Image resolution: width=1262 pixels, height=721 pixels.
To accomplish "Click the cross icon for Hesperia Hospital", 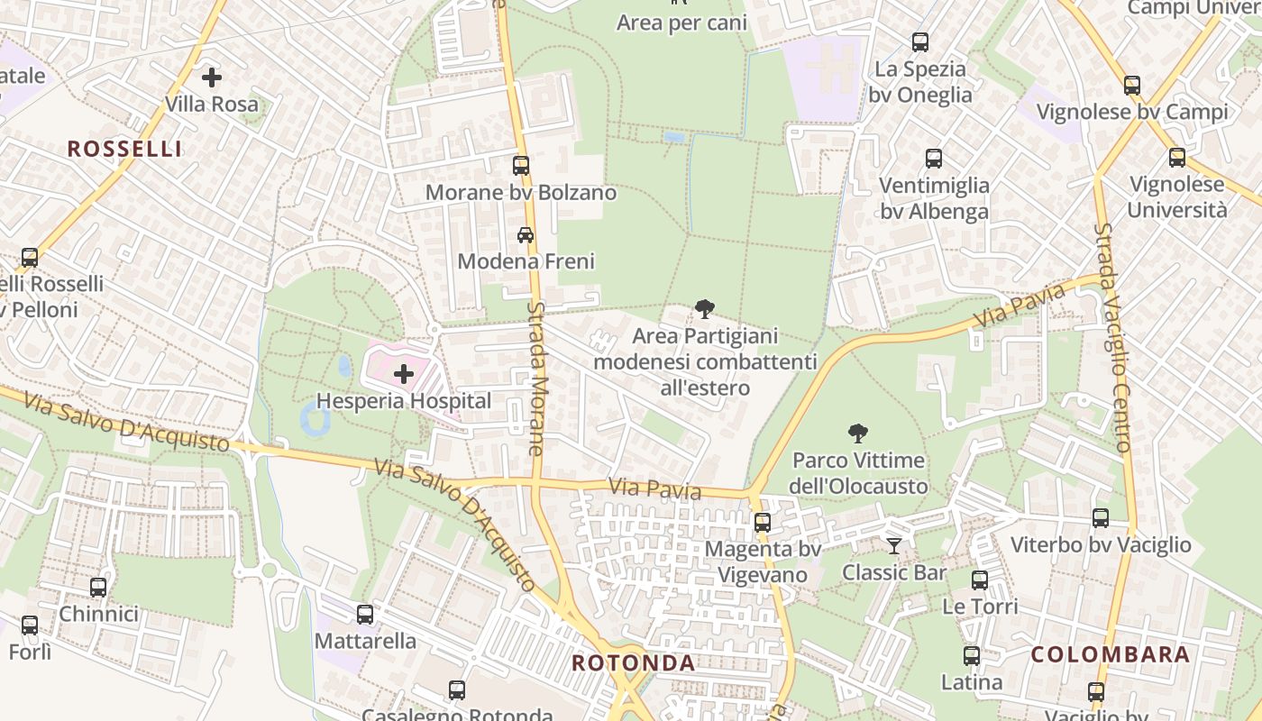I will tap(403, 374).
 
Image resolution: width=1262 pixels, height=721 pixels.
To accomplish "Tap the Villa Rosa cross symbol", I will tap(212, 78).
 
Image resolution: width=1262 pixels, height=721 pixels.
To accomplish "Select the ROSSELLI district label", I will tap(124, 150).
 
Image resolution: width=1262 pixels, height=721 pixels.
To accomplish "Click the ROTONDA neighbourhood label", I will tap(634, 664).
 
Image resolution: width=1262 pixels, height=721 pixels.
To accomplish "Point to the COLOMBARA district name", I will tap(1111, 655).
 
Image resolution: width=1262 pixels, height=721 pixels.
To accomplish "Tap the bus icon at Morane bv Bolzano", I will tap(521, 165).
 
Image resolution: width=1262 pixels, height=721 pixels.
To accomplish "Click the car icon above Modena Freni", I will tap(526, 234).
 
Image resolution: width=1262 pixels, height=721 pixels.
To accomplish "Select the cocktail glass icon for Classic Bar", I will tap(893, 545).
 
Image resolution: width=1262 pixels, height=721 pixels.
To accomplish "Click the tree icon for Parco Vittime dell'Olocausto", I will tap(858, 434).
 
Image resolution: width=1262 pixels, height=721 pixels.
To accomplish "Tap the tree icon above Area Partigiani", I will tap(705, 309).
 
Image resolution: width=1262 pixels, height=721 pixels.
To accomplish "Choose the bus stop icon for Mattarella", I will tap(365, 615).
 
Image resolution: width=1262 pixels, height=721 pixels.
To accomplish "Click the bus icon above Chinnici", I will tap(98, 588).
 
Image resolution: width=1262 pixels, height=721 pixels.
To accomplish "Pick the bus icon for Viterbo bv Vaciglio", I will tap(1101, 518).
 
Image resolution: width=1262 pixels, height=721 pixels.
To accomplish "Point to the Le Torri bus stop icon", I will tap(980, 580).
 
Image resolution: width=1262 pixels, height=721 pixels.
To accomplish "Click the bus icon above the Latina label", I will tap(972, 656).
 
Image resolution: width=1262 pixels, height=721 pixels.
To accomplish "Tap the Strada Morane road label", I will tap(536, 379).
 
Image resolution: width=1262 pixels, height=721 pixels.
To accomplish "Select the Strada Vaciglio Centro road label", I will tap(1112, 338).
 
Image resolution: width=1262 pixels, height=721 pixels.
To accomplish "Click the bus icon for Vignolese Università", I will tap(1177, 158).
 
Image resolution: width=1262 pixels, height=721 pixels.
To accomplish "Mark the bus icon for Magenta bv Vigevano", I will tap(763, 523).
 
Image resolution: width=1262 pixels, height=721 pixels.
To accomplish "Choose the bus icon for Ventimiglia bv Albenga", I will tap(934, 159).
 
